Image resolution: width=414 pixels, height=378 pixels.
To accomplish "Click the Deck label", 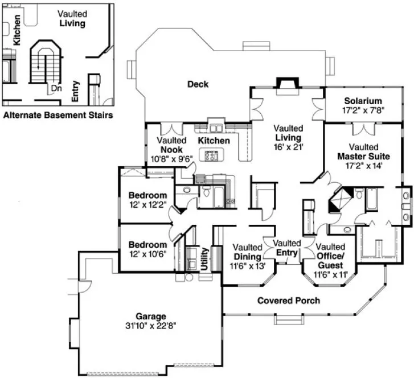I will (x=198, y=84).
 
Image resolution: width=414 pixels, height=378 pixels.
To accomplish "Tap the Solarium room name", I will (x=358, y=101).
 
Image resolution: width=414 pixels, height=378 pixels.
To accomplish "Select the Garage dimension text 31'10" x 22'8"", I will (x=150, y=326).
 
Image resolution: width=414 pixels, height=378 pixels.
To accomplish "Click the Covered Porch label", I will (x=288, y=300).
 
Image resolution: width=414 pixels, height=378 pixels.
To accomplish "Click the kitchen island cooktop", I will (x=212, y=155).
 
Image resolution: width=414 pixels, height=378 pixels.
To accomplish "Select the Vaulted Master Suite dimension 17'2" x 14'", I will (x=363, y=166).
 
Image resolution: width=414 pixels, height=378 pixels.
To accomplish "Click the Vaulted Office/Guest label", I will (x=330, y=256).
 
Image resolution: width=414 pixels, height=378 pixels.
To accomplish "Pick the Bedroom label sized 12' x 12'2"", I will (x=147, y=195).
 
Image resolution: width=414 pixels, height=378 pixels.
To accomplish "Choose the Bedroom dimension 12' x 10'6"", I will (x=147, y=254).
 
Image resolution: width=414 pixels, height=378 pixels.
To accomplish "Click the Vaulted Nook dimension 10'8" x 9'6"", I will (x=171, y=159).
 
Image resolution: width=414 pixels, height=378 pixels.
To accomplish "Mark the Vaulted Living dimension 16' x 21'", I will (x=288, y=146).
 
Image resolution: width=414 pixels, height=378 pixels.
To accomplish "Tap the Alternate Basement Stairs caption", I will (x=58, y=115).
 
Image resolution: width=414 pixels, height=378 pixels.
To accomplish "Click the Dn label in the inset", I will (x=56, y=89).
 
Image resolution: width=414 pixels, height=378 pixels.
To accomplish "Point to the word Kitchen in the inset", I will (x=18, y=30).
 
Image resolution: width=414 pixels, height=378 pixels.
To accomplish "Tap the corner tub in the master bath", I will (x=341, y=201).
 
